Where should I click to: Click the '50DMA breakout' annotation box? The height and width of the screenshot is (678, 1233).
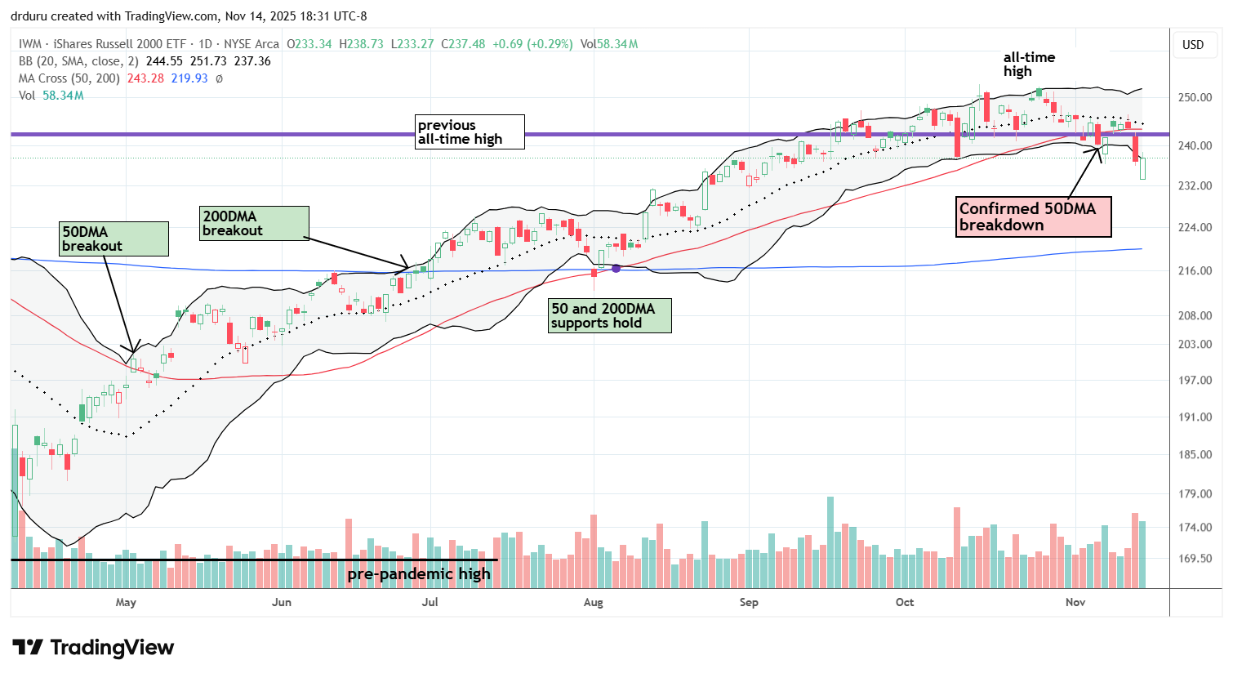[114, 239]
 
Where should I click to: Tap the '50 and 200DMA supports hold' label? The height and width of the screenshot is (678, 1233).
[609, 315]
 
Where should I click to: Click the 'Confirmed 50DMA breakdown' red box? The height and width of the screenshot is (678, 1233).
[1033, 216]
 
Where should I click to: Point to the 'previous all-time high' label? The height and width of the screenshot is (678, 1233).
[469, 132]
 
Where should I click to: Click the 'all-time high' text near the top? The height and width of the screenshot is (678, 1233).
[1028, 64]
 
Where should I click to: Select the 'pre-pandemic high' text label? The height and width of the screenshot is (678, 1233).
[419, 573]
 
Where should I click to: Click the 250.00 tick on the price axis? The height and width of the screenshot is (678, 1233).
[1194, 97]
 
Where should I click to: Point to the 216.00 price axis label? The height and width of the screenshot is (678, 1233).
[1194, 270]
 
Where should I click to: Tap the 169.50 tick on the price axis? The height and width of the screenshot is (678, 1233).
[1194, 559]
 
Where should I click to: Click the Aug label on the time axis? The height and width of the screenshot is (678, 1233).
[594, 603]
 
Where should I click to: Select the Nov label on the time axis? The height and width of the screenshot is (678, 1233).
[1075, 603]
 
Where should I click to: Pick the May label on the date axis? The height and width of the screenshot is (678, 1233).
[126, 603]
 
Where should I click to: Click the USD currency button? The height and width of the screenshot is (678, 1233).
[1193, 45]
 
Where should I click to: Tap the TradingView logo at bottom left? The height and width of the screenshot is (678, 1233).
[93, 648]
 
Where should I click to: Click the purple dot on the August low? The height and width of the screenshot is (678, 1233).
[616, 268]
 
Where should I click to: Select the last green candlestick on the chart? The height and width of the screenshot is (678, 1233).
[1142, 168]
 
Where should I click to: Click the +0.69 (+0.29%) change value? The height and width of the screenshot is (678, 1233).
[532, 44]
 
